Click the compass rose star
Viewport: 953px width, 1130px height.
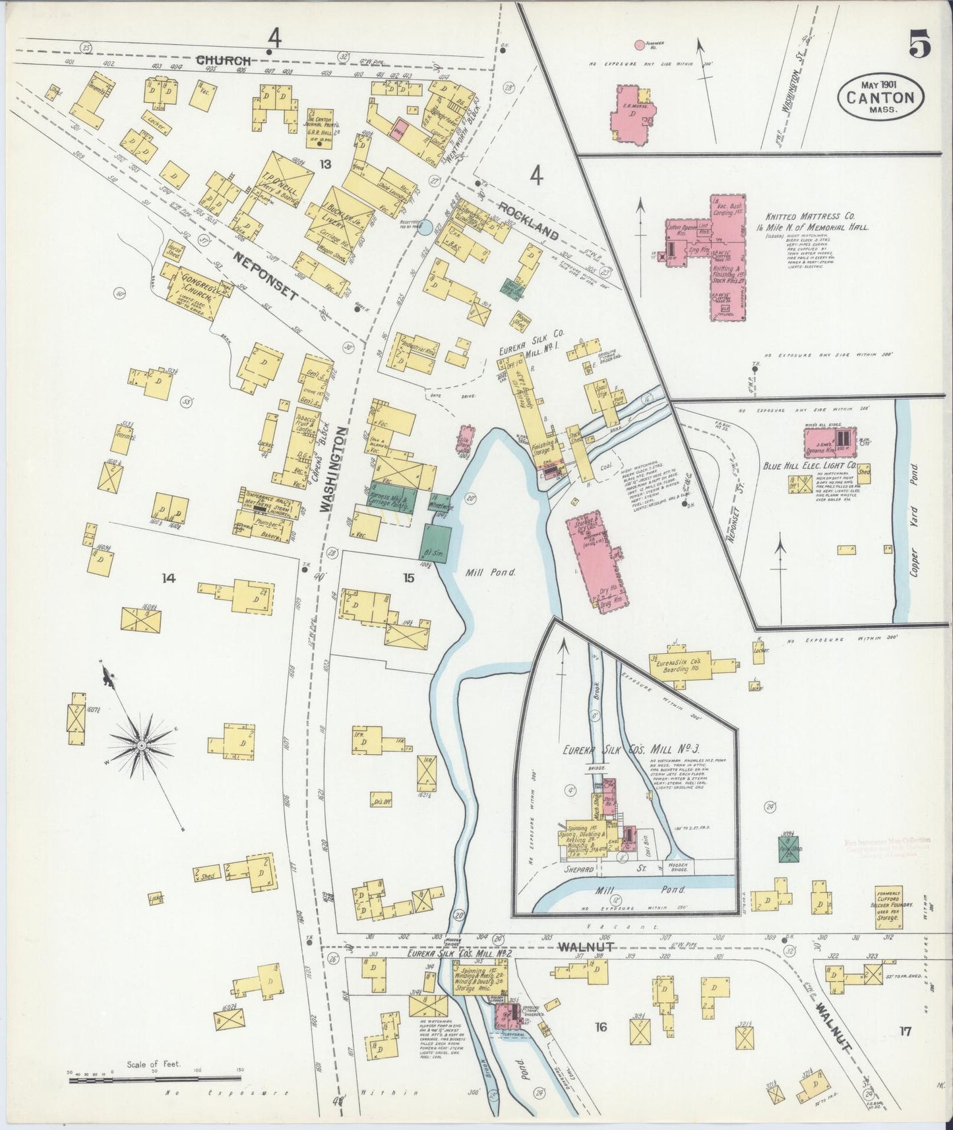pos(140,746)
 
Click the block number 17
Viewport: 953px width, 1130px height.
pos(904,1031)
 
